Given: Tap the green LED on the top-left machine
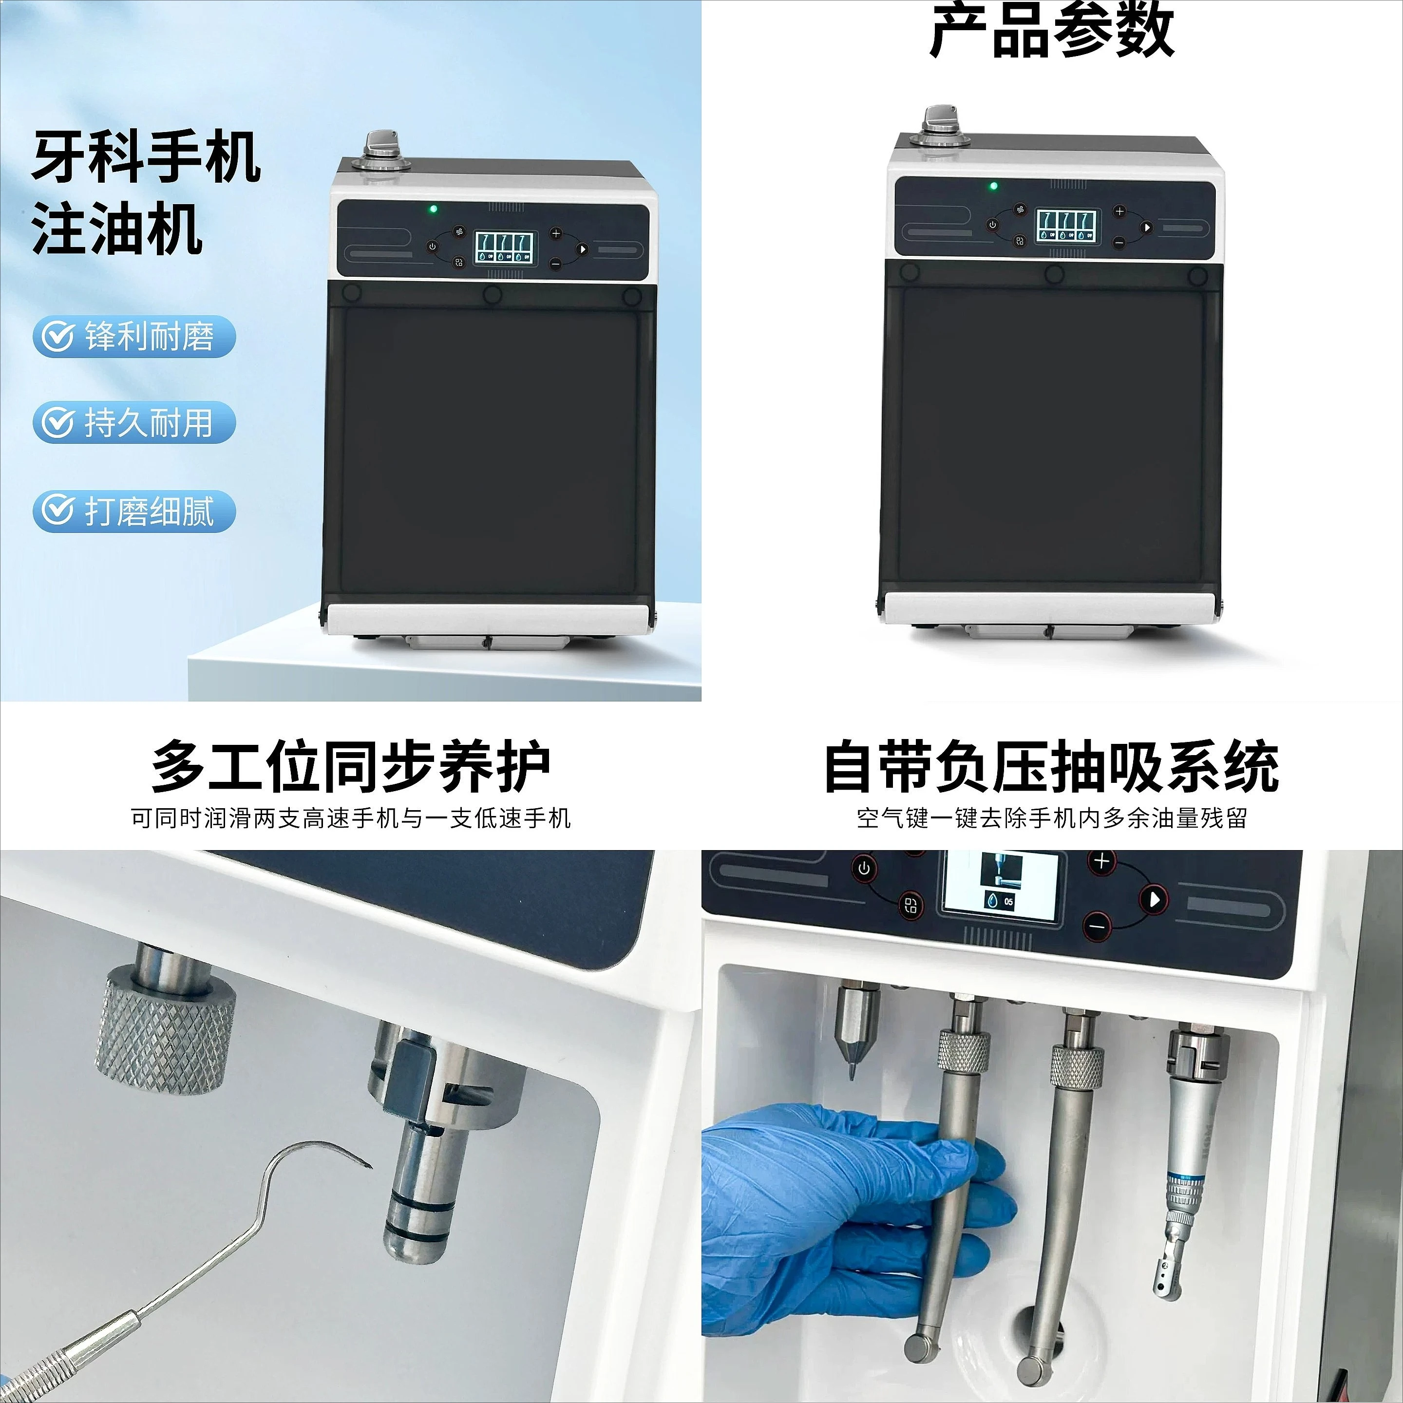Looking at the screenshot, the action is tap(433, 209).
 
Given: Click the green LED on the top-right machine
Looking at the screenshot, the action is tap(993, 186).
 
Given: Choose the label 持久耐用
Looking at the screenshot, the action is tap(150, 423).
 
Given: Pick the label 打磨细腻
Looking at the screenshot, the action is tap(150, 511).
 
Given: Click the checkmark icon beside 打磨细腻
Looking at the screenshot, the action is tap(57, 511).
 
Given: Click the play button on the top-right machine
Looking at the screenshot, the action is tap(1146, 228).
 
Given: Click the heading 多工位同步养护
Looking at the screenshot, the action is tap(351, 767).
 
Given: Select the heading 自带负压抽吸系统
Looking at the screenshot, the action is tap(1052, 767).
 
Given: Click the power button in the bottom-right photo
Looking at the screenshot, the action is tap(864, 869).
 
